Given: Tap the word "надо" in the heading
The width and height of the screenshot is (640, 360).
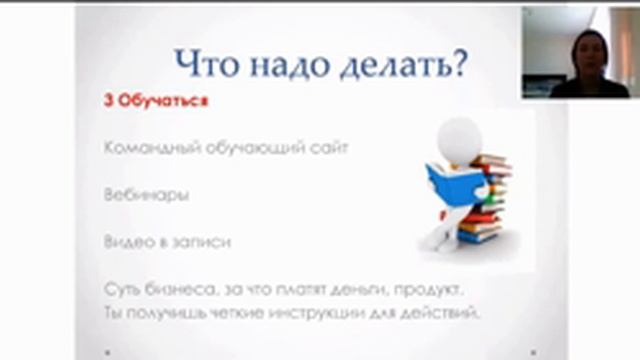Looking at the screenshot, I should point(286,64).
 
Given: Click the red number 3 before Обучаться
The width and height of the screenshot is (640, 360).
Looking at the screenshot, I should point(107,101).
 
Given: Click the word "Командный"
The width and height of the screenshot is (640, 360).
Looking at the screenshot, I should point(146,147).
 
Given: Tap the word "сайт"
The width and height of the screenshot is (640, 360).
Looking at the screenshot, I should point(329,147).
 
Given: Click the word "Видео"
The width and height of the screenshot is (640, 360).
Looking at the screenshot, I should point(126,241).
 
